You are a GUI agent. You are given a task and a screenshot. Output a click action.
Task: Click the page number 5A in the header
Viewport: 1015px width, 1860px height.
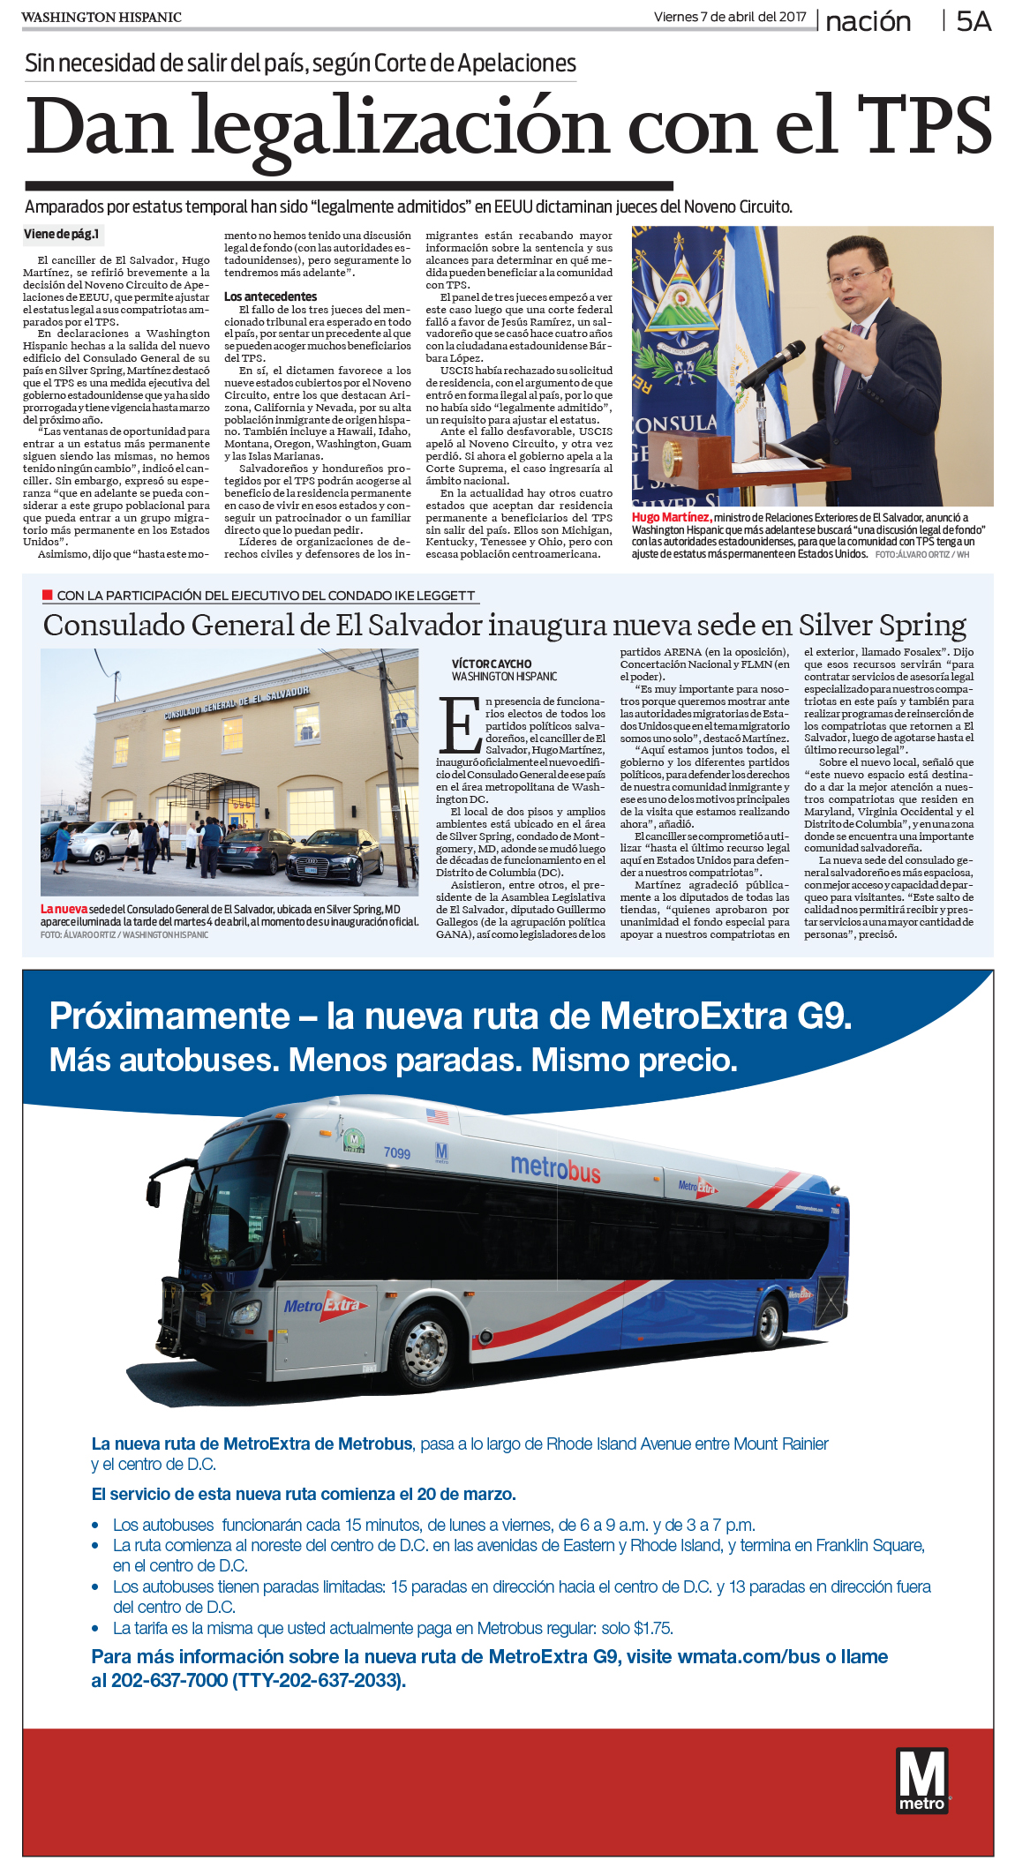point(974,21)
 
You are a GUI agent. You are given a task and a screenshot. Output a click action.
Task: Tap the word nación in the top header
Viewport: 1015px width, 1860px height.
point(868,21)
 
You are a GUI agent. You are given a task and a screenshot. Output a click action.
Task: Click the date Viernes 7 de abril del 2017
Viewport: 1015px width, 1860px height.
point(729,17)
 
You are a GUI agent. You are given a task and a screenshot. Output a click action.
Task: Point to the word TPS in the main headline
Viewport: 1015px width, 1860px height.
point(924,126)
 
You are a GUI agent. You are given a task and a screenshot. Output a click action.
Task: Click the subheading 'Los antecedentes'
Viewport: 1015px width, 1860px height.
point(270,296)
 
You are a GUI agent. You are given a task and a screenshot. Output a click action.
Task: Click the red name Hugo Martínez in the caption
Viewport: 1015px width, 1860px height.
point(670,517)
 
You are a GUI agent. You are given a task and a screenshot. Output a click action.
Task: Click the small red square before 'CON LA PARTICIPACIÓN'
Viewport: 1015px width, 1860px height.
point(48,595)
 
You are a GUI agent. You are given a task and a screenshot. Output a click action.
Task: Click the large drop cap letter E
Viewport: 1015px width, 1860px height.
point(459,724)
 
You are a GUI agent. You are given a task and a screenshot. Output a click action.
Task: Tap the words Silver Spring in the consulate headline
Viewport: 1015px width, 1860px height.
point(882,626)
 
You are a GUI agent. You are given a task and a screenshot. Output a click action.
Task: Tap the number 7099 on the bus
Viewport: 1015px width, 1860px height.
point(396,1153)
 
